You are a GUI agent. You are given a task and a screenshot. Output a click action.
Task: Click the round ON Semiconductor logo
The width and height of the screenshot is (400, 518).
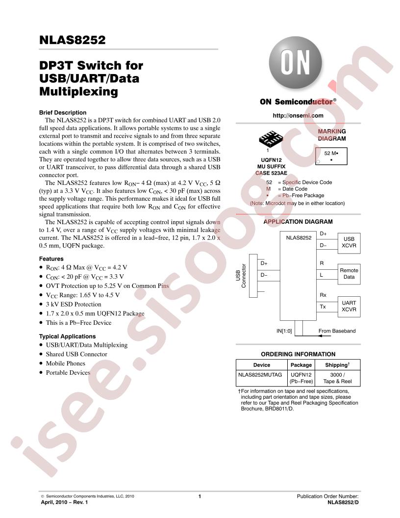pos(296,63)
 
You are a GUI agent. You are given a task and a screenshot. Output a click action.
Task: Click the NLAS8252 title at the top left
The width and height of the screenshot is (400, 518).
pos(72,40)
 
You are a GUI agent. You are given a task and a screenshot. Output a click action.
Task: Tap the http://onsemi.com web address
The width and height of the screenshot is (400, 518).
pos(298,116)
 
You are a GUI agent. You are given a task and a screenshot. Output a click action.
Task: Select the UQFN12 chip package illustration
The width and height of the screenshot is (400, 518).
pos(271,139)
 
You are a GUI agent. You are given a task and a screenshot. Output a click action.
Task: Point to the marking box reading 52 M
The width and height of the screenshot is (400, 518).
pos(331,156)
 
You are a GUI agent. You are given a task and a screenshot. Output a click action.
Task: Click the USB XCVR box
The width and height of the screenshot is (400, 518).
pos(349,243)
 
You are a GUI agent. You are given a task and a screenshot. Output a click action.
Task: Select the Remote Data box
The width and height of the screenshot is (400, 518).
pos(349,274)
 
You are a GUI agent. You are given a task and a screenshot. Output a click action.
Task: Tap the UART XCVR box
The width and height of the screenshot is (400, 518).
pos(349,307)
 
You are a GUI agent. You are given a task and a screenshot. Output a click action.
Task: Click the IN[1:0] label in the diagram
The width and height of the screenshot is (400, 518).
pos(284,331)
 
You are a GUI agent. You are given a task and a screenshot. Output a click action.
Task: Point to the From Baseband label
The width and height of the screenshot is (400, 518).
pos(337,331)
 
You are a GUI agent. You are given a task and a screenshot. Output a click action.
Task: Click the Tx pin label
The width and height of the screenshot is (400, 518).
pos(323,307)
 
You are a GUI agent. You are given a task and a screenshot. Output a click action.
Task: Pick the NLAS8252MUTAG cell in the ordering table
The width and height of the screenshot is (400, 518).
pos(260,375)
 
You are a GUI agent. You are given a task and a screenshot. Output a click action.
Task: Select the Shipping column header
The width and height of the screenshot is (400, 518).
pos(337,365)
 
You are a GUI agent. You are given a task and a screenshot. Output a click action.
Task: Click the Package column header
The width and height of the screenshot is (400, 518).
pos(301,365)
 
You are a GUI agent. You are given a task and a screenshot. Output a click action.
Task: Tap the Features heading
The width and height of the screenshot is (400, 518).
pos(51,259)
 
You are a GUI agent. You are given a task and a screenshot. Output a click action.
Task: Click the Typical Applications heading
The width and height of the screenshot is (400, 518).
pos(67,337)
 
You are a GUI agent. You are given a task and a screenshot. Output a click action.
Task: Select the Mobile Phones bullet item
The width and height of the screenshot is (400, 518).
pos(65,363)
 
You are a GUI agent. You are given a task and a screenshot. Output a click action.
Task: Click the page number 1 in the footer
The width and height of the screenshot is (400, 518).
pos(200,496)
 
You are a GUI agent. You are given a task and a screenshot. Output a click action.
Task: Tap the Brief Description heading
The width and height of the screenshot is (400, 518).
pos(63,113)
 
